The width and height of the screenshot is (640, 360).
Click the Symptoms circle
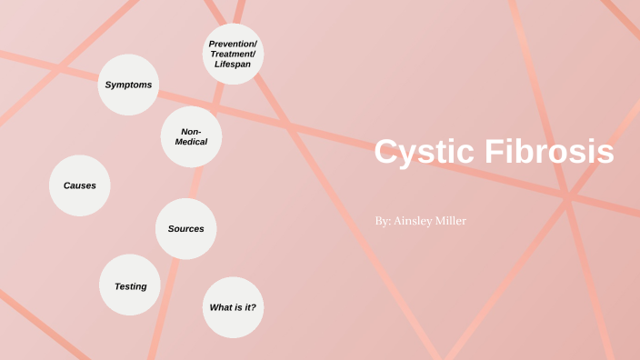click(x=128, y=85)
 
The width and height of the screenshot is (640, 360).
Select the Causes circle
click(x=79, y=185)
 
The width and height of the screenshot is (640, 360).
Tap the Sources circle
click(x=185, y=228)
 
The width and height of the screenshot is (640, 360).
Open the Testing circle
click(x=130, y=285)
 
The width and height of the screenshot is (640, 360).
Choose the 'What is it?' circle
click(x=233, y=307)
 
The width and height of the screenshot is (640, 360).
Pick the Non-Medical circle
click(x=191, y=136)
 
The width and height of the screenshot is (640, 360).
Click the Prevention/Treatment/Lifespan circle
click(x=233, y=54)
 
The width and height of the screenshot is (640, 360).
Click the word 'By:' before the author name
click(x=383, y=221)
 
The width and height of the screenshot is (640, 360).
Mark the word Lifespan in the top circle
click(x=233, y=65)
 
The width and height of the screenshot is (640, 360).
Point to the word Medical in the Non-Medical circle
click(x=191, y=142)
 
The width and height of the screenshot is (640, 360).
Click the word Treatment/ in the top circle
click(x=233, y=54)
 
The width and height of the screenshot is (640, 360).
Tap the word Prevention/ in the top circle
click(x=233, y=43)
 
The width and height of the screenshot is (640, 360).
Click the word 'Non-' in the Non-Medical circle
click(x=191, y=131)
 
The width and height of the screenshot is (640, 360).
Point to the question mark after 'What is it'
click(x=254, y=307)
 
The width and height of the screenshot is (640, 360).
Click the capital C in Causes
click(x=66, y=185)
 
